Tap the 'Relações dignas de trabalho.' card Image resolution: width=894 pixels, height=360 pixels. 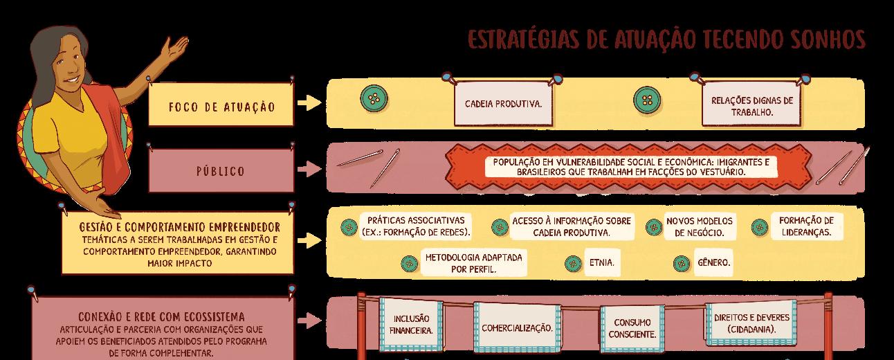pos(751,105)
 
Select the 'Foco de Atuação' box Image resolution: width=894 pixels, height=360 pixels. pos(222,107)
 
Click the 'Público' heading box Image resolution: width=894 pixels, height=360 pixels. pos(222,170)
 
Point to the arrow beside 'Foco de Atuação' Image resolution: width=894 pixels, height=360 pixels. pos(309,103)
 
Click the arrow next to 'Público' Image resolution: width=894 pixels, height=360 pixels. pos(309,168)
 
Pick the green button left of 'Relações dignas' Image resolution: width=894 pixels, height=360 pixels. pos(647,100)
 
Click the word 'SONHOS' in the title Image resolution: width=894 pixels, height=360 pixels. pos(828,39)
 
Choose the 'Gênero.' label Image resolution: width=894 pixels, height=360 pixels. pos(713,263)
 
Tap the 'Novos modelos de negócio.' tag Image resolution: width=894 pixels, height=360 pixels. pos(699,226)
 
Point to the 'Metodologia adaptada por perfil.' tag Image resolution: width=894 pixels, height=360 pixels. pos(473,262)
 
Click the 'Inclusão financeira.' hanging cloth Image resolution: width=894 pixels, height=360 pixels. pos(411,324)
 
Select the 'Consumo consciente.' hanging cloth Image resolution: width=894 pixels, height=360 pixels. pos(632,328)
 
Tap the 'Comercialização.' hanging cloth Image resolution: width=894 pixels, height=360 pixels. pos(517,327)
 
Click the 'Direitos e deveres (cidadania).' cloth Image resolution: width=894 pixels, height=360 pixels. pos(751,323)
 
